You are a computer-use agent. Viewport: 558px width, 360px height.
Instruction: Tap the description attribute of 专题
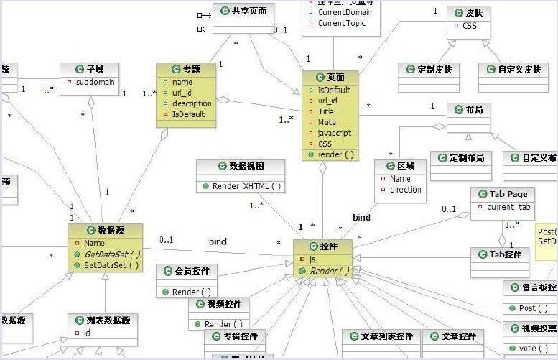(191, 103)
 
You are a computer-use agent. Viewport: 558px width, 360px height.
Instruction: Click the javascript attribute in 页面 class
(335, 133)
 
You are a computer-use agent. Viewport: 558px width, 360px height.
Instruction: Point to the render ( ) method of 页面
(331, 154)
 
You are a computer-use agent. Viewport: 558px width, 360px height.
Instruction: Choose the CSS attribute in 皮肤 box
(469, 26)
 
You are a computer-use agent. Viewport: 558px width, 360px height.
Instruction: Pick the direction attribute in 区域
(406, 190)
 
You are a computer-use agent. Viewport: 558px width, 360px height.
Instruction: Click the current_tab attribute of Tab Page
(509, 207)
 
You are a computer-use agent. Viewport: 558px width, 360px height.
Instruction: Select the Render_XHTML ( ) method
(241, 186)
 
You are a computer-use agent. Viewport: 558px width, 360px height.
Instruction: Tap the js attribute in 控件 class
(314, 259)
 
